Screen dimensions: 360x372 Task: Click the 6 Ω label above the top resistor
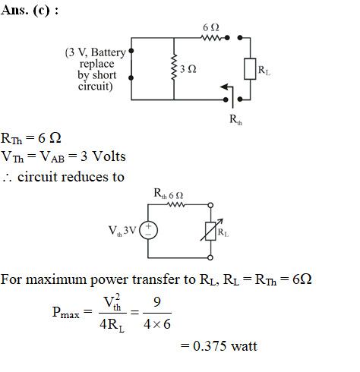click(x=211, y=27)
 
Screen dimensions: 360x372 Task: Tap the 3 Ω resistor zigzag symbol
click(x=174, y=67)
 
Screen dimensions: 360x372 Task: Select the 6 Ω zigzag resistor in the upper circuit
click(x=211, y=38)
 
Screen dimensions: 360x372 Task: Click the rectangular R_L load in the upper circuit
click(x=250, y=69)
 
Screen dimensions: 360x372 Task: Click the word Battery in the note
click(x=109, y=53)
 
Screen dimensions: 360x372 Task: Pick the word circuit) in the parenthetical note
click(x=96, y=87)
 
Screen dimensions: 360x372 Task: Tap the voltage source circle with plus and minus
click(x=149, y=230)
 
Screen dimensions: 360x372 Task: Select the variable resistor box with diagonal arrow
click(x=211, y=230)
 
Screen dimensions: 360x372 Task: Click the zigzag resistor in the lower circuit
click(x=176, y=204)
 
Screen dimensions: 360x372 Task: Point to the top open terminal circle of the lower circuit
click(x=210, y=205)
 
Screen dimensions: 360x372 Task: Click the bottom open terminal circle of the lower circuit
click(x=210, y=257)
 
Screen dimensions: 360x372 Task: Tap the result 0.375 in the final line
click(x=210, y=346)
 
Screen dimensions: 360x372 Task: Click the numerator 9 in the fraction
click(x=157, y=302)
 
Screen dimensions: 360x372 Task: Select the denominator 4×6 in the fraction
click(x=157, y=324)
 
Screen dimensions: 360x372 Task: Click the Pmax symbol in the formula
click(x=66, y=313)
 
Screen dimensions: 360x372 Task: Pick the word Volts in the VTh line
click(x=109, y=156)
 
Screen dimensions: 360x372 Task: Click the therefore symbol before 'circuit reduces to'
click(x=7, y=178)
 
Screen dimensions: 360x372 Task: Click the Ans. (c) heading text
click(x=30, y=11)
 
